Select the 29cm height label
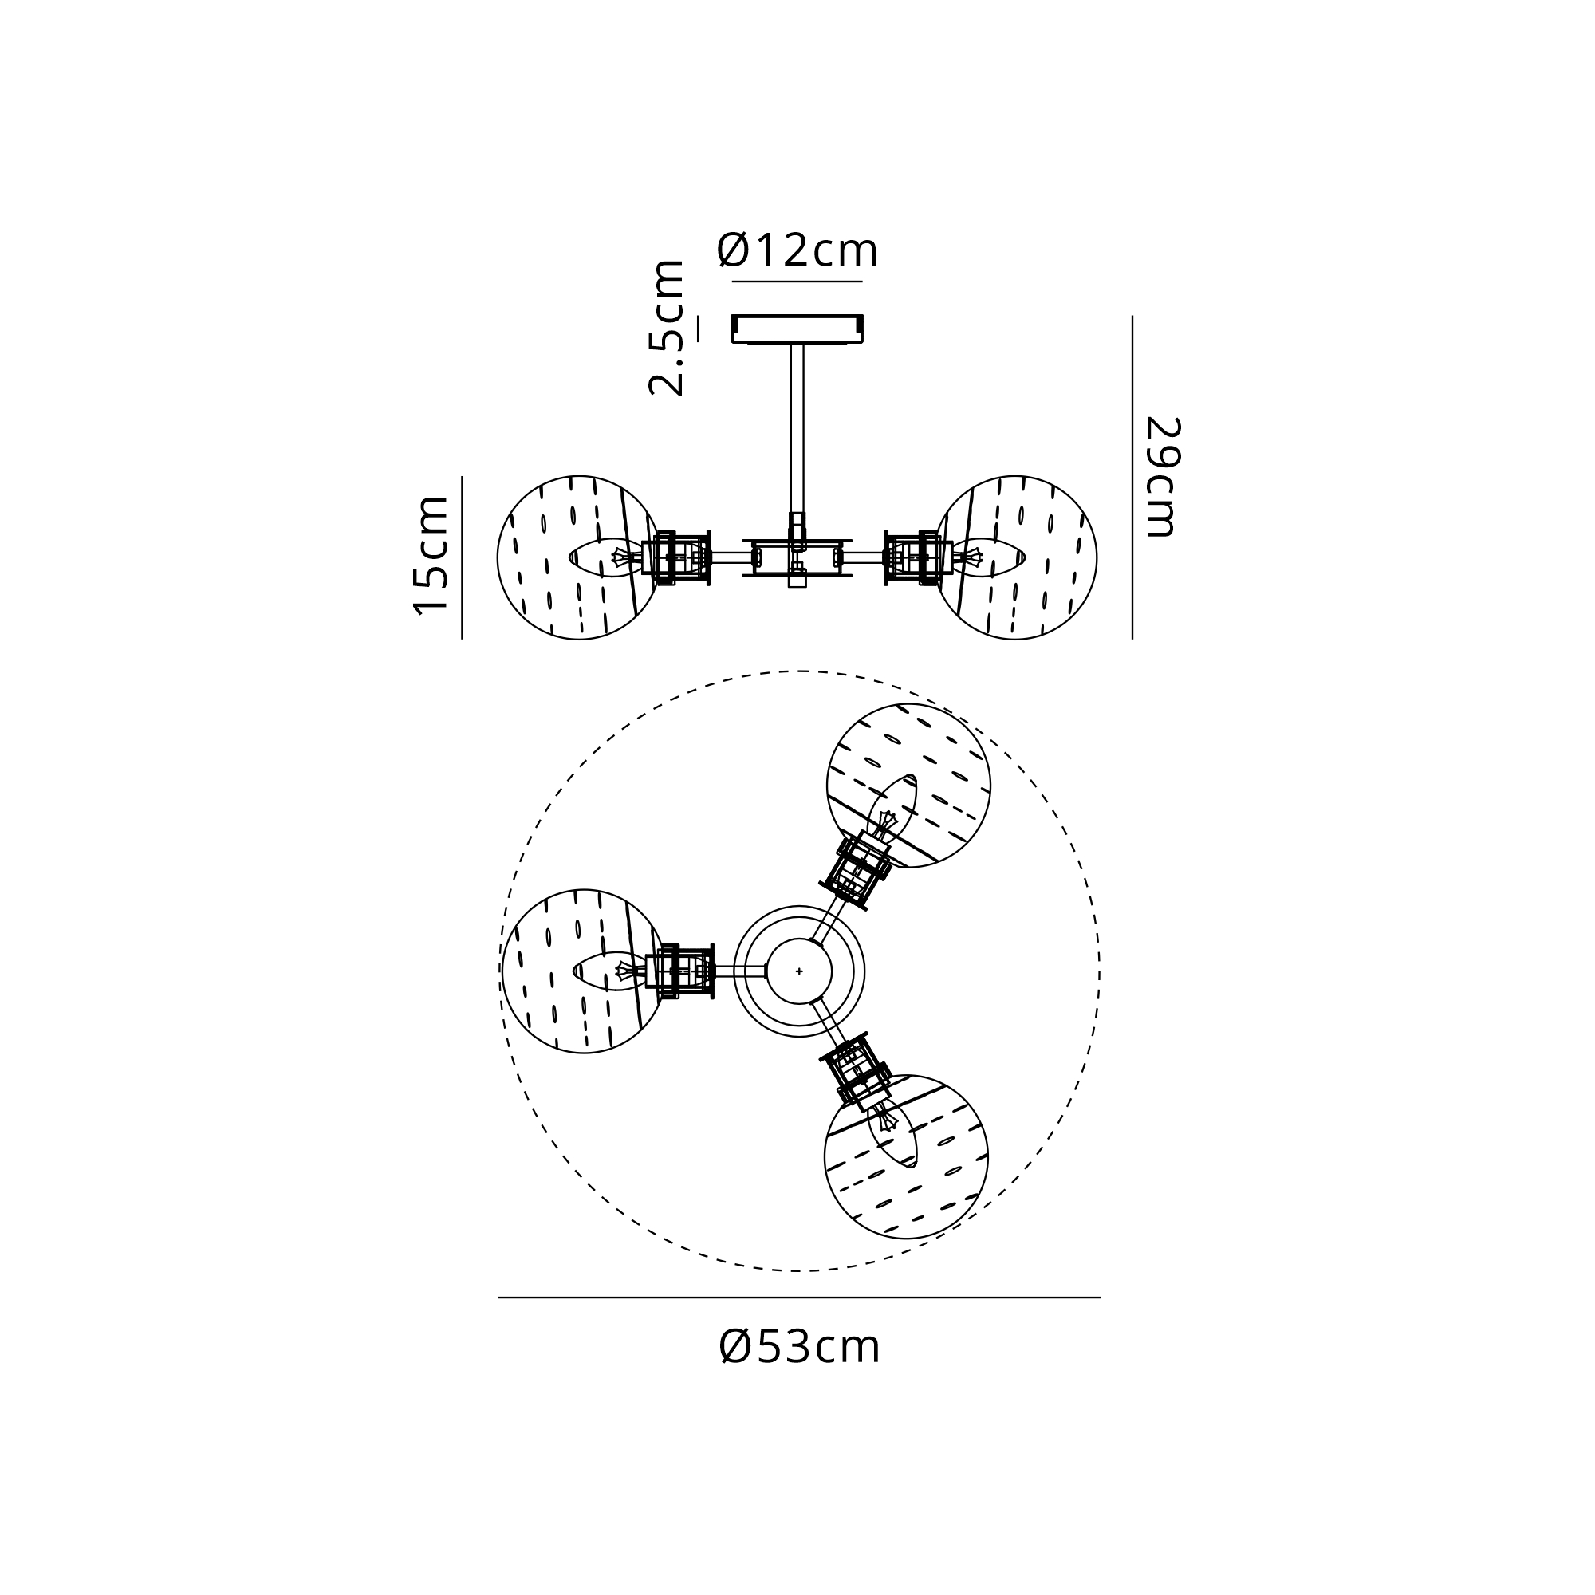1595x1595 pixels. (1162, 476)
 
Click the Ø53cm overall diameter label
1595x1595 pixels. (799, 1346)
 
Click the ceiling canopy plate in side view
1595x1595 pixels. (797, 329)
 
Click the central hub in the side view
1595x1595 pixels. (797, 557)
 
